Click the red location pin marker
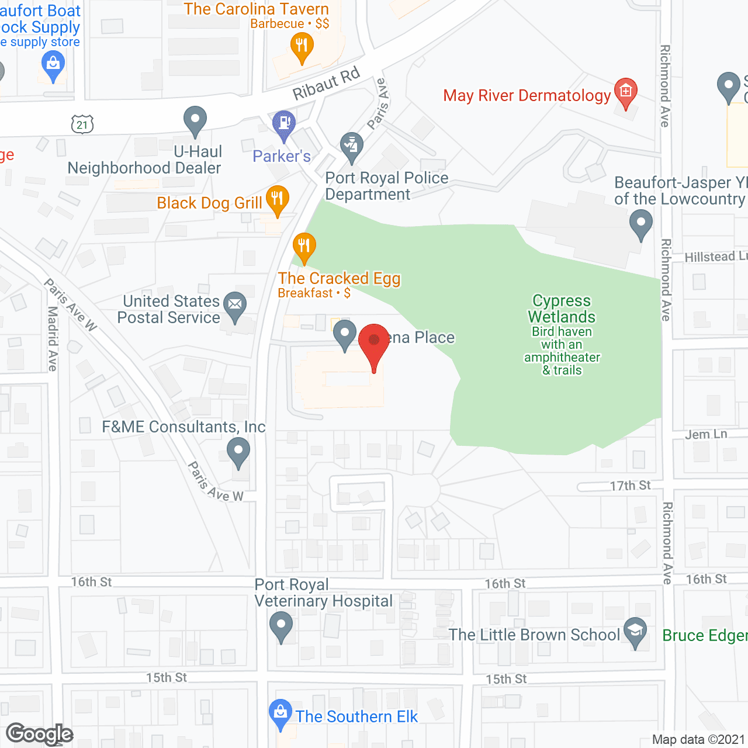pos(374,342)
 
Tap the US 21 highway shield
pos(82,124)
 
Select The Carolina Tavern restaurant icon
pos(302,45)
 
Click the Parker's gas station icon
pos(284,124)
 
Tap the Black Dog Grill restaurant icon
pos(278,199)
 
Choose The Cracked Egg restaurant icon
pos(304,245)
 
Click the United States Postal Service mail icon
pos(235,305)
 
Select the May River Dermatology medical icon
pos(626,92)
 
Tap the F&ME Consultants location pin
pos(238,451)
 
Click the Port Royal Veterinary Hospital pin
pos(281,625)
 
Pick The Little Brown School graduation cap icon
pos(635,631)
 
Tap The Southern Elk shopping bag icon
pos(280,713)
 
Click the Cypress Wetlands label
pos(562,309)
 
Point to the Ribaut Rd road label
pos(325,84)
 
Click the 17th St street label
pos(630,486)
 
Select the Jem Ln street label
pos(706,434)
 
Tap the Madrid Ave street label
pos(53,338)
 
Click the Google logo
pos(40,734)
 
